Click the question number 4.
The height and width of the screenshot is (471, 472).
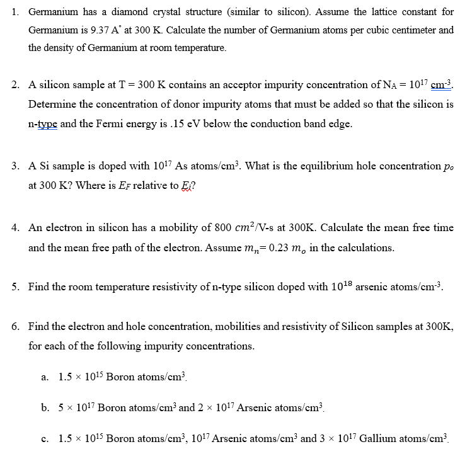pyautogui.click(x=14, y=227)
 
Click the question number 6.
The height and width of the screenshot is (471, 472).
pyautogui.click(x=14, y=326)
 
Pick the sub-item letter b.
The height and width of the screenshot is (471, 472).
pyautogui.click(x=45, y=407)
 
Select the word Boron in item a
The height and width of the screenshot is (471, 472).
pyautogui.click(x=120, y=377)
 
